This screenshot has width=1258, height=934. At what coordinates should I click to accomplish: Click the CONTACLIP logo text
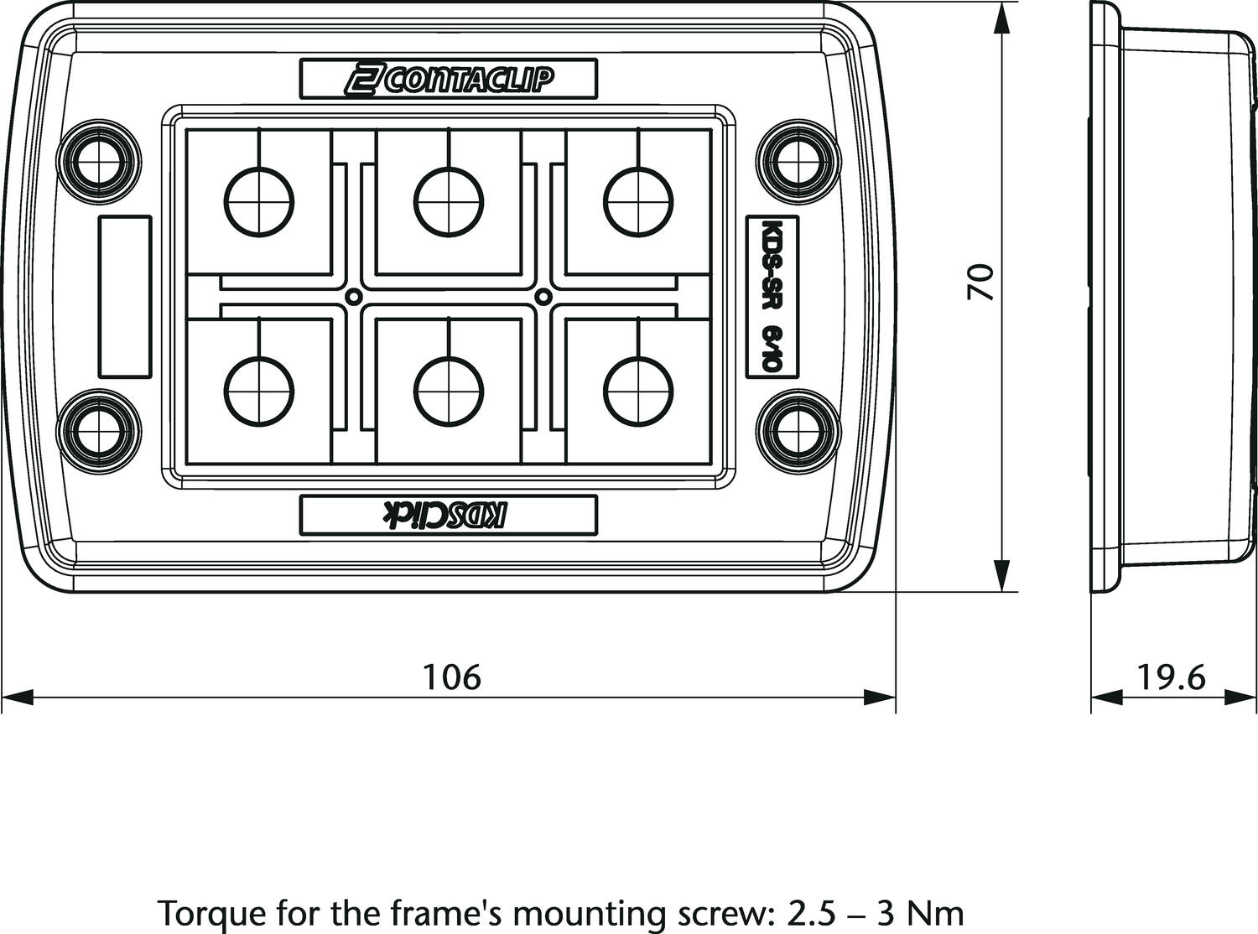point(448,80)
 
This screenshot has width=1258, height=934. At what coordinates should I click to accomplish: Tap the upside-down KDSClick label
point(444,515)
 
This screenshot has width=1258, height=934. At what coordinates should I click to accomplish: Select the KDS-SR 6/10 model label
point(772,296)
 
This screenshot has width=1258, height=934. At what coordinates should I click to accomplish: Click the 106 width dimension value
point(452,677)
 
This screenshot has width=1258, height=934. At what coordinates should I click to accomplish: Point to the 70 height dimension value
point(980,281)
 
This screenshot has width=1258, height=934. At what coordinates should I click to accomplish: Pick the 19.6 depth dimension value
point(1172,677)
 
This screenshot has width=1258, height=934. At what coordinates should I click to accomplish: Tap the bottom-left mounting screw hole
point(99,431)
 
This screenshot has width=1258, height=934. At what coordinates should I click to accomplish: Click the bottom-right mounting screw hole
point(798,431)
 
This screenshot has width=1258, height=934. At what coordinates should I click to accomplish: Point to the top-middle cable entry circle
point(449,201)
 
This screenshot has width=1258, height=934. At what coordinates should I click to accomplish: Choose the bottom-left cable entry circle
point(259,391)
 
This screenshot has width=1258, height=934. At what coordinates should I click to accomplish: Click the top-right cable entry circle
point(638,201)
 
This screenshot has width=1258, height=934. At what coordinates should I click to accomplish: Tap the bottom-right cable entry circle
point(638,391)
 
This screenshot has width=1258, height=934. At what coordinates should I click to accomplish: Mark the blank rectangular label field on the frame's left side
point(125,296)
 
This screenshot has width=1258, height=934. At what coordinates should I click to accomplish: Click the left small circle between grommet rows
point(354,296)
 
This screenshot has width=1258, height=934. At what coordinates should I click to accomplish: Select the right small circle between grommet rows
point(543,296)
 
